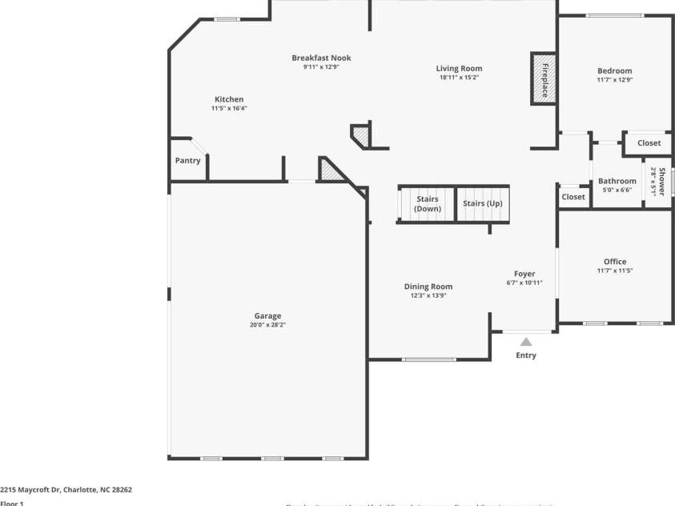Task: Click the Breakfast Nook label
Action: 321,58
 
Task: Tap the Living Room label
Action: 459,68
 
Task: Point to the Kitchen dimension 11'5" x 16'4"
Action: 229,108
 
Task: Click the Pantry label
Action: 187,160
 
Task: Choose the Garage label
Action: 267,315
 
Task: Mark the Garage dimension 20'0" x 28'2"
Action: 267,325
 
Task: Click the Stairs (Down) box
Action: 427,203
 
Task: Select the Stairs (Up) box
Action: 483,203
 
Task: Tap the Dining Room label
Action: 428,286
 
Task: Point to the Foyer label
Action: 524,274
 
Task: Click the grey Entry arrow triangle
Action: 526,342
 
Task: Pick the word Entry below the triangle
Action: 526,355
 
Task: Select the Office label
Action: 615,261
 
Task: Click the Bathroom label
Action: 617,181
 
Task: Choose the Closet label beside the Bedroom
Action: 649,143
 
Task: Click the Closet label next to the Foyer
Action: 573,196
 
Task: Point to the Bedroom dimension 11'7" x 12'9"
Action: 614,80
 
